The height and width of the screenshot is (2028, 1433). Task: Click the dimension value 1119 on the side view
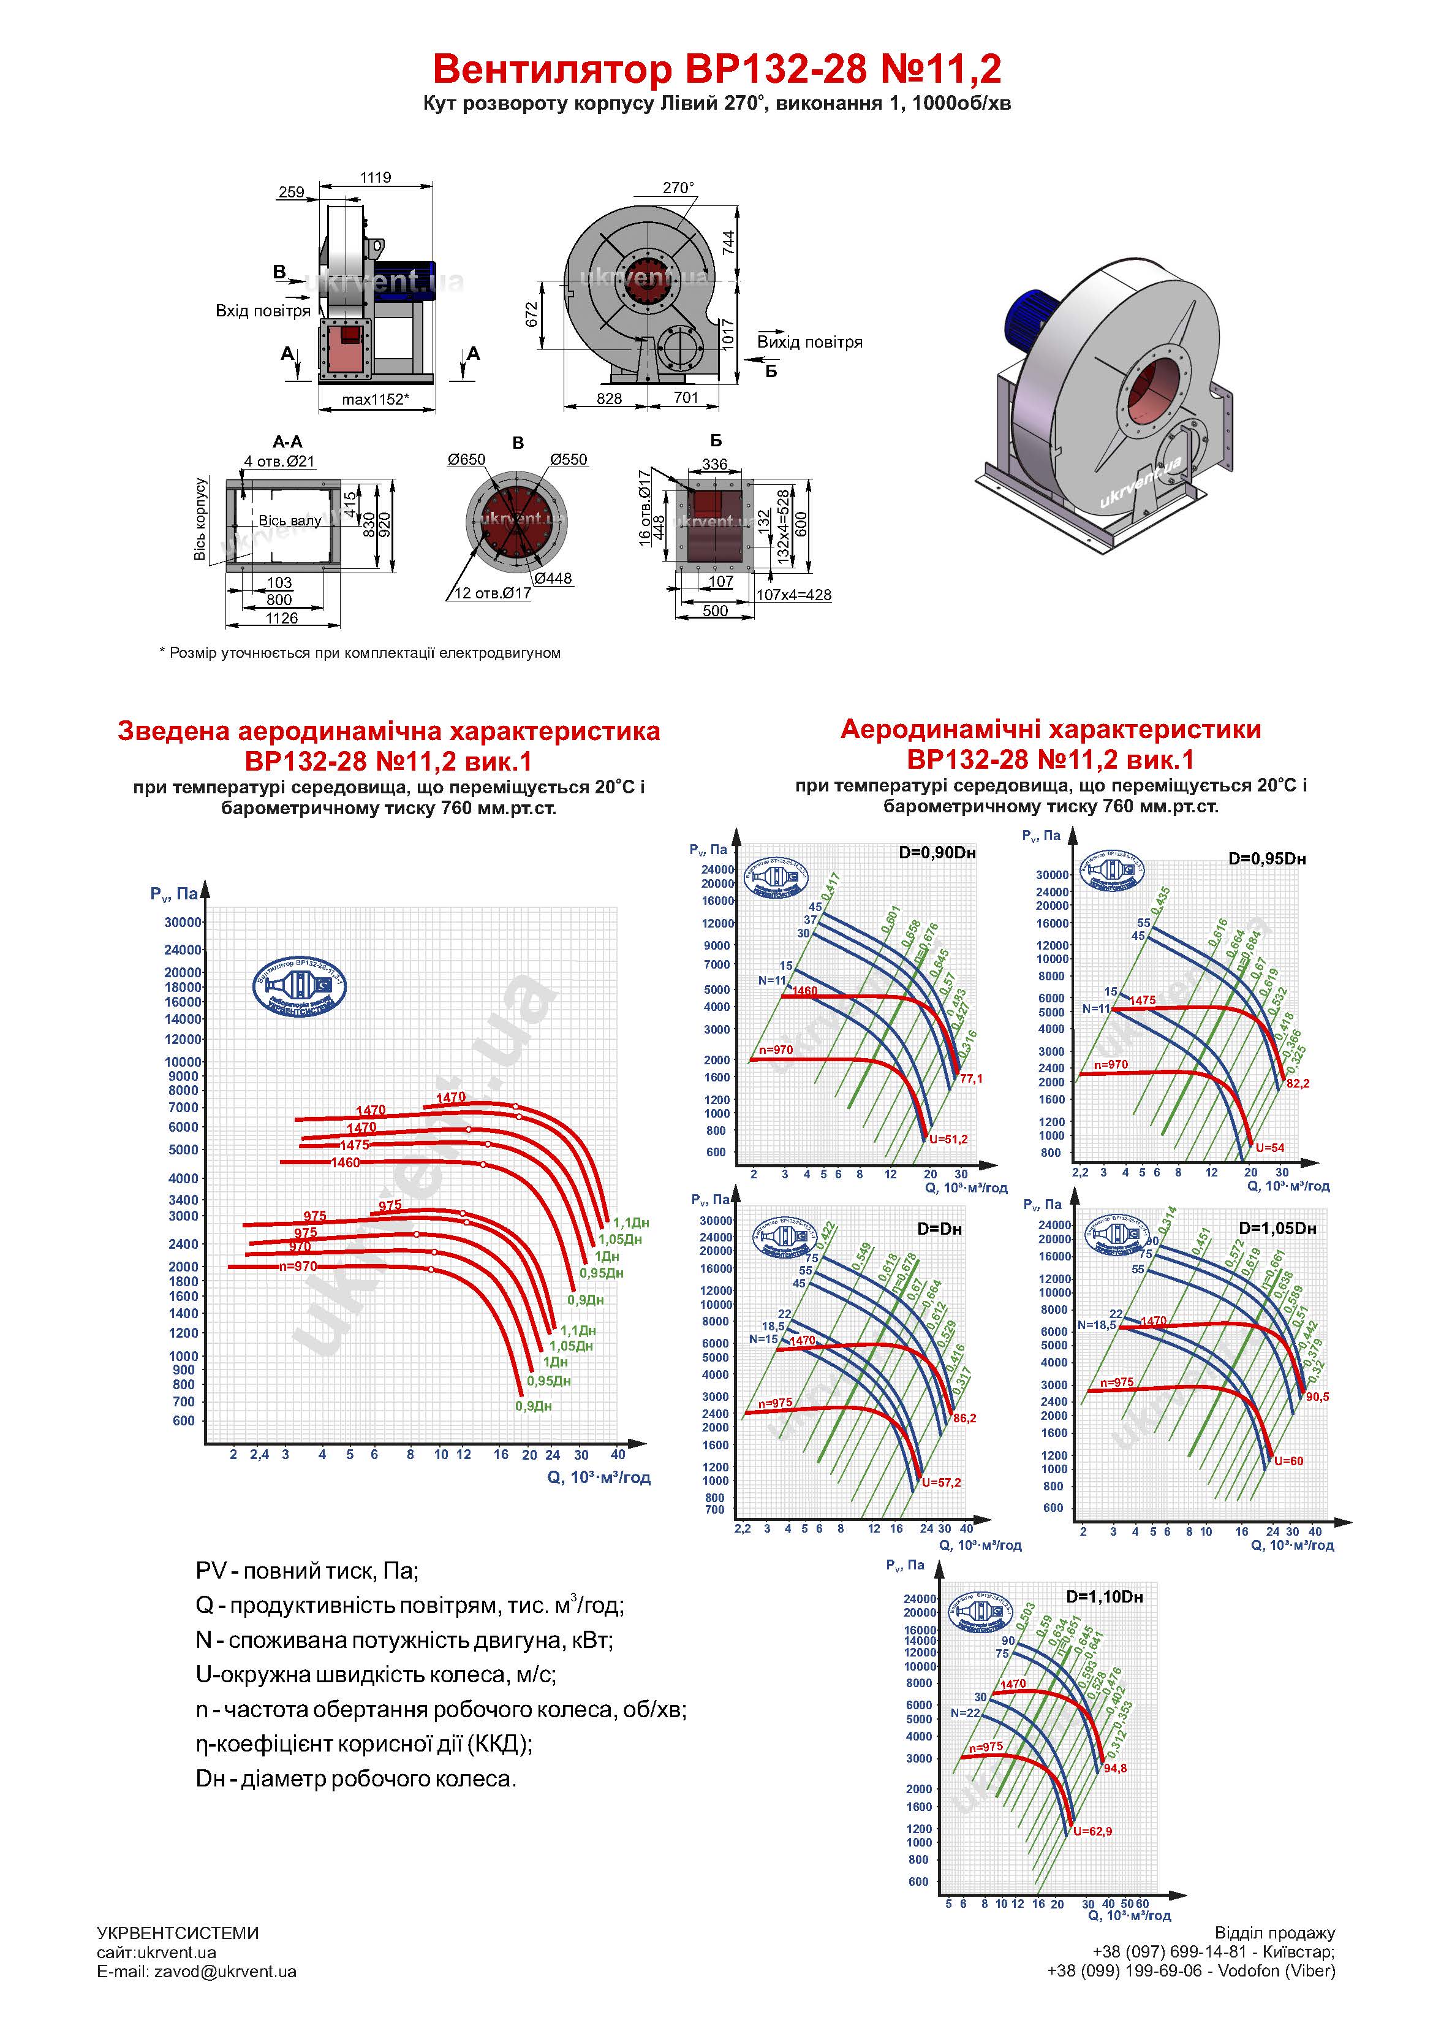[375, 178]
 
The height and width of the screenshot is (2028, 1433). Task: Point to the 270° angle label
[678, 188]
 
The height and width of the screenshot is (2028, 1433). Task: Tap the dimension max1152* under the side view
[375, 399]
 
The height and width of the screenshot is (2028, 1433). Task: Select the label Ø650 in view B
[466, 459]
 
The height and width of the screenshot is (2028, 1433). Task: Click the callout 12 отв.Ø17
[493, 593]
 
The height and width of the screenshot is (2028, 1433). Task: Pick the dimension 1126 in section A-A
[282, 619]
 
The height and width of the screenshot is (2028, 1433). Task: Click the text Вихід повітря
[810, 343]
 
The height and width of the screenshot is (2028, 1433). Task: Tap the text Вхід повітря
[263, 311]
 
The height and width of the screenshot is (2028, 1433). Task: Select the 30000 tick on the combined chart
[183, 922]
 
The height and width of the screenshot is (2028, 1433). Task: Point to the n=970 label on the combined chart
[298, 1267]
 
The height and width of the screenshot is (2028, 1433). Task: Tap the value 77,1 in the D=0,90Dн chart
[970, 1078]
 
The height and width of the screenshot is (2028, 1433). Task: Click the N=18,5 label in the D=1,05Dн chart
[1097, 1325]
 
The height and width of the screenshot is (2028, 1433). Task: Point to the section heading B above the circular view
[518, 443]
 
